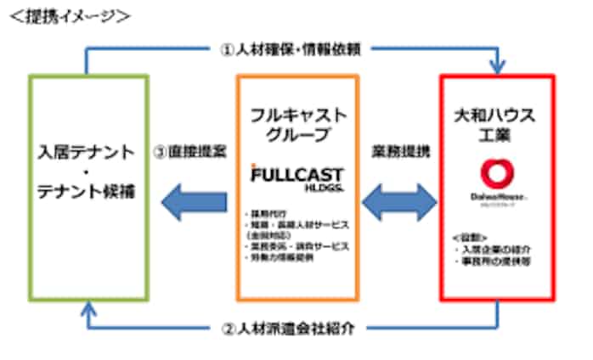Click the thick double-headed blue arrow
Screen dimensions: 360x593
(x=399, y=202)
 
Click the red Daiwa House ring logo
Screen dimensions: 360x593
(x=497, y=174)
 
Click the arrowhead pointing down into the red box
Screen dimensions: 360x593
(x=498, y=66)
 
